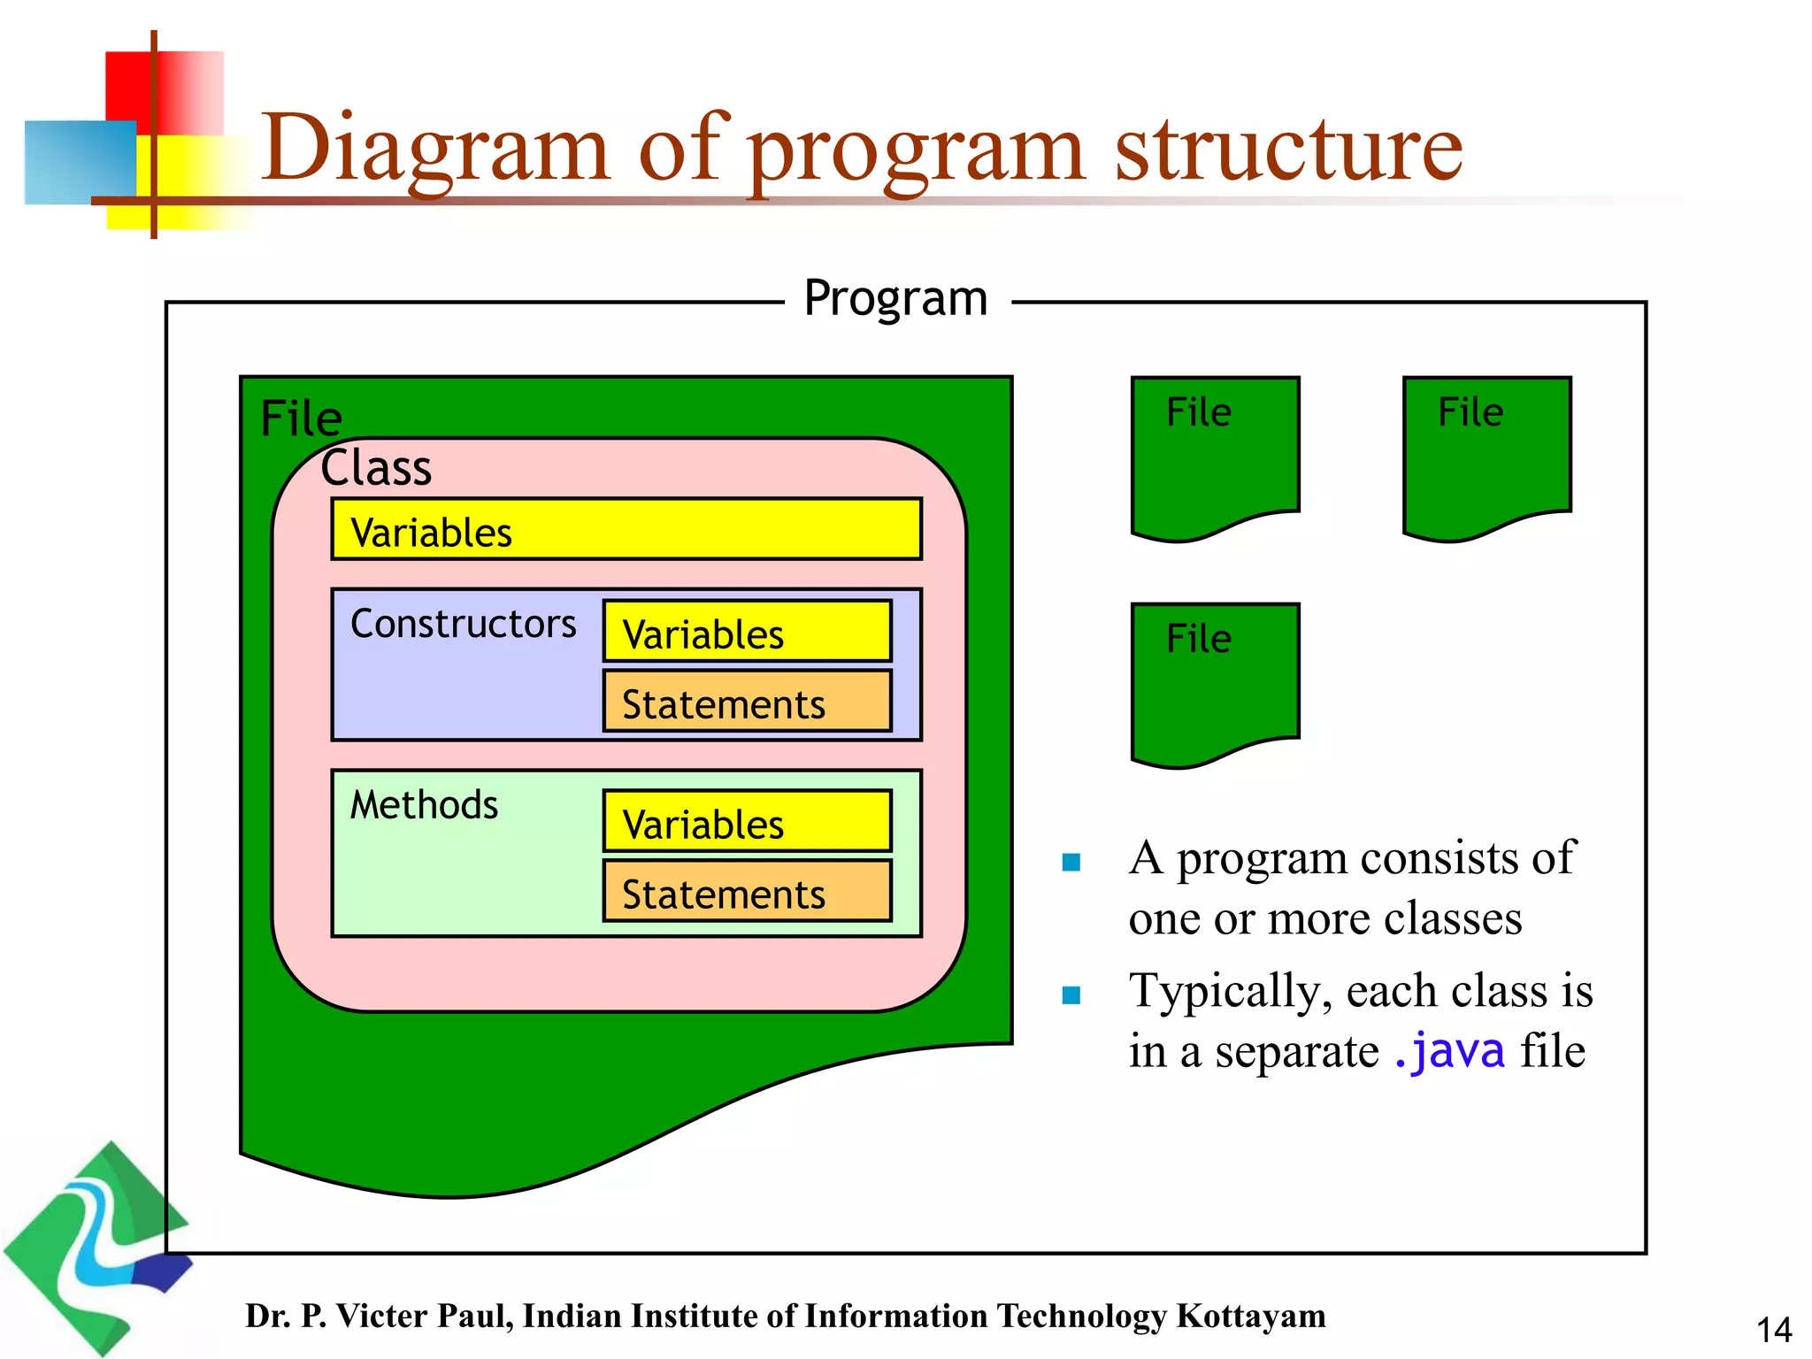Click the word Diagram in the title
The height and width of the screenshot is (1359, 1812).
coord(434,149)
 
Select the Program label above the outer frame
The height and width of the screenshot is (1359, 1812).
coord(895,298)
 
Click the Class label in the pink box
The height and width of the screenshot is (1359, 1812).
coord(376,468)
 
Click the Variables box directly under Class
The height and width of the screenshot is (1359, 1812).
coord(626,529)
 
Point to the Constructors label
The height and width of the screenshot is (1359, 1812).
coord(463,624)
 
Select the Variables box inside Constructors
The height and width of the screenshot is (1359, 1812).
coord(747,632)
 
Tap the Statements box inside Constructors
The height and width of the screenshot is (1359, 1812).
coord(747,702)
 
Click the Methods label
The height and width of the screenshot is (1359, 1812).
coord(424,805)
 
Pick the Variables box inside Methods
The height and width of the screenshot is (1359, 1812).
coord(747,822)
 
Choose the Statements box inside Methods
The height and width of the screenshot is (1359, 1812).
coord(747,892)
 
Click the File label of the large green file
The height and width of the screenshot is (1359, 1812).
coord(301,418)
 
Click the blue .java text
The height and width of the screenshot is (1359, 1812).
coord(1448,1051)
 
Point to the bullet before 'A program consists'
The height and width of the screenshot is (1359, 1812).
coord(1071,862)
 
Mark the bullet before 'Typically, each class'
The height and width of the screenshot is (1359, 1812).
coord(1071,995)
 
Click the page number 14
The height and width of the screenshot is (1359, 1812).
coord(1773,1330)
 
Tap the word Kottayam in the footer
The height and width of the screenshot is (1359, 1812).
coord(1250,1316)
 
